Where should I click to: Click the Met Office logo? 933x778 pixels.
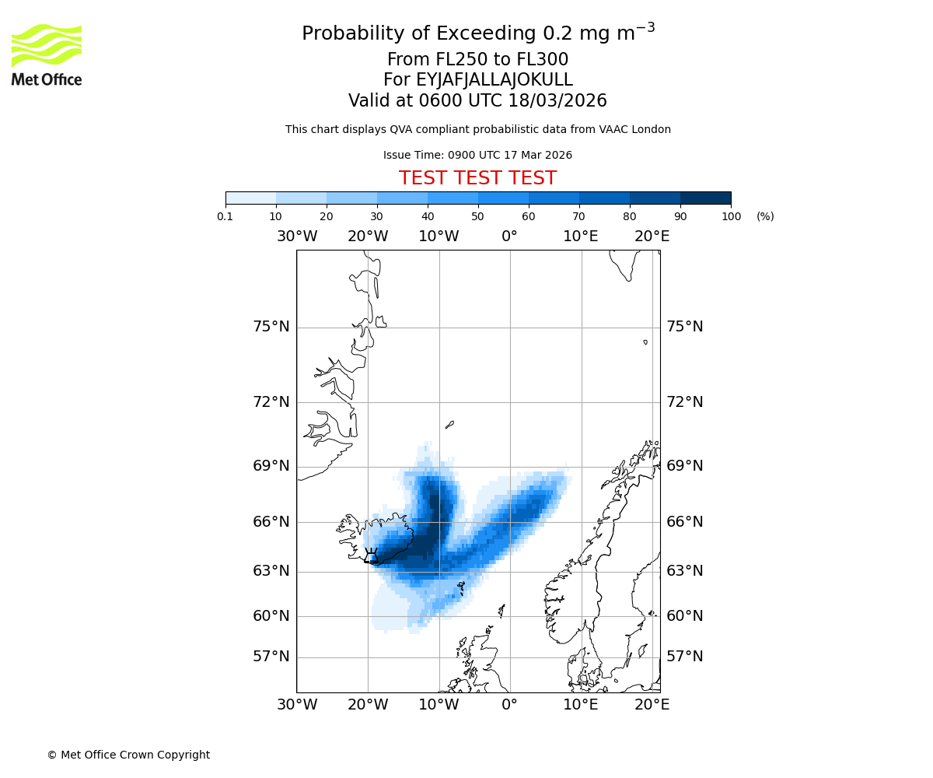click(47, 54)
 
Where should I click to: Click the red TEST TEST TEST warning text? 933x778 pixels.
click(477, 178)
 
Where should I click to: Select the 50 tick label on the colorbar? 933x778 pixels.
click(477, 216)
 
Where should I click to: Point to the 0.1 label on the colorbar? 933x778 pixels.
click(225, 216)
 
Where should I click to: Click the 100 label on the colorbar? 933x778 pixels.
click(731, 216)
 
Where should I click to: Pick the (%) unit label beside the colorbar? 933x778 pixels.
click(765, 216)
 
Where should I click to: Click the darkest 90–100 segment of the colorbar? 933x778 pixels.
click(705, 198)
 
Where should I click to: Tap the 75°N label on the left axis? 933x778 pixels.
click(271, 327)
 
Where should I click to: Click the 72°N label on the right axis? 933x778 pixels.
click(685, 402)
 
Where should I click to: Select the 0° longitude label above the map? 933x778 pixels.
click(509, 237)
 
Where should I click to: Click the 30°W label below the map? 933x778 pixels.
click(297, 705)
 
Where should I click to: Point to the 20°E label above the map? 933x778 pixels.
click(652, 237)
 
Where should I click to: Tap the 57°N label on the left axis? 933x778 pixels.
click(271, 657)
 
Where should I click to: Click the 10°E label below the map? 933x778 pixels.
click(581, 705)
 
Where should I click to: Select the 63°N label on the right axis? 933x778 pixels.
click(685, 571)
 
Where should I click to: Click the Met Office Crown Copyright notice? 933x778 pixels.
click(128, 755)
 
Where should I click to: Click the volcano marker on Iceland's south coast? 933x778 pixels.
click(371, 555)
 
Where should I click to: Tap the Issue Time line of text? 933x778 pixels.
click(477, 156)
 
